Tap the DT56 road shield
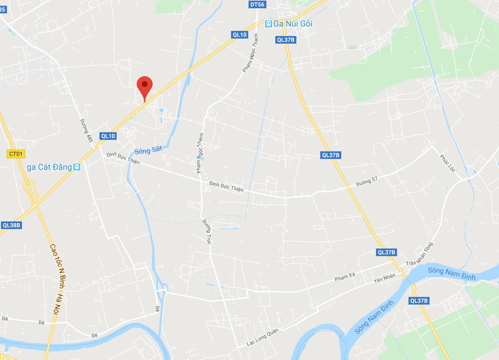[257, 4]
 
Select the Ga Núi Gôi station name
[293, 24]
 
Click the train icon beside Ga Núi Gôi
[269, 24]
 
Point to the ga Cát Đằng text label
[49, 167]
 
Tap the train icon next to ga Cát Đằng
[77, 167]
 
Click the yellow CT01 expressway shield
[16, 154]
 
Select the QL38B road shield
[11, 225]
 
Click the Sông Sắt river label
[148, 150]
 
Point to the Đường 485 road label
[86, 131]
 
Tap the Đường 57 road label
[366, 181]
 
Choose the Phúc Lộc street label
[447, 163]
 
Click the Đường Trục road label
[207, 232]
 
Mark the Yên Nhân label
[385, 278]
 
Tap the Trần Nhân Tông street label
[419, 254]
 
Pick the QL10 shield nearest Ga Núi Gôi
[240, 35]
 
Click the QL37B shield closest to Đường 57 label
[330, 155]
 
